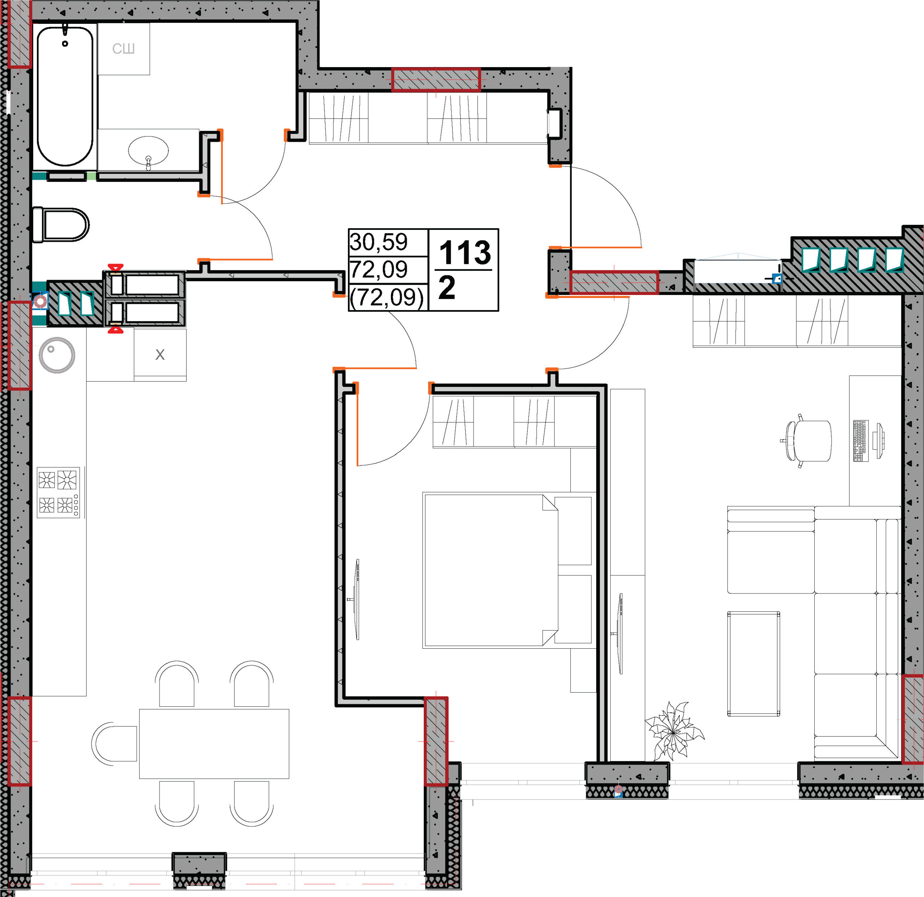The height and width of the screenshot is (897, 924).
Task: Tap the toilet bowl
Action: click(x=61, y=225)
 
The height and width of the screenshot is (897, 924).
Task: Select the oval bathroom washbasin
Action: click(x=148, y=151)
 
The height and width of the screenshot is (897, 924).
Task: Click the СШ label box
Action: click(x=123, y=49)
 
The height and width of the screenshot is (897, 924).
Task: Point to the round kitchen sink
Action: click(x=57, y=355)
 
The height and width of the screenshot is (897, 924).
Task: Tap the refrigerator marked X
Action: click(x=160, y=354)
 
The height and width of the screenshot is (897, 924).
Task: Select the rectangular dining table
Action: click(x=214, y=743)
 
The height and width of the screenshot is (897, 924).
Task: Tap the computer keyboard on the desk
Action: click(x=861, y=441)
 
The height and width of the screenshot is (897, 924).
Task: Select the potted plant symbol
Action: click(x=674, y=732)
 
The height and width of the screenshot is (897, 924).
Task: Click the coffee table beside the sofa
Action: click(x=753, y=664)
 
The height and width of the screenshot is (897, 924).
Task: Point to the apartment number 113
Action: click(x=465, y=253)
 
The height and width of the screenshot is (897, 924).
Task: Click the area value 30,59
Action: click(x=379, y=242)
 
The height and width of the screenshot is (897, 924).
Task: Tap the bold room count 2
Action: click(x=447, y=288)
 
